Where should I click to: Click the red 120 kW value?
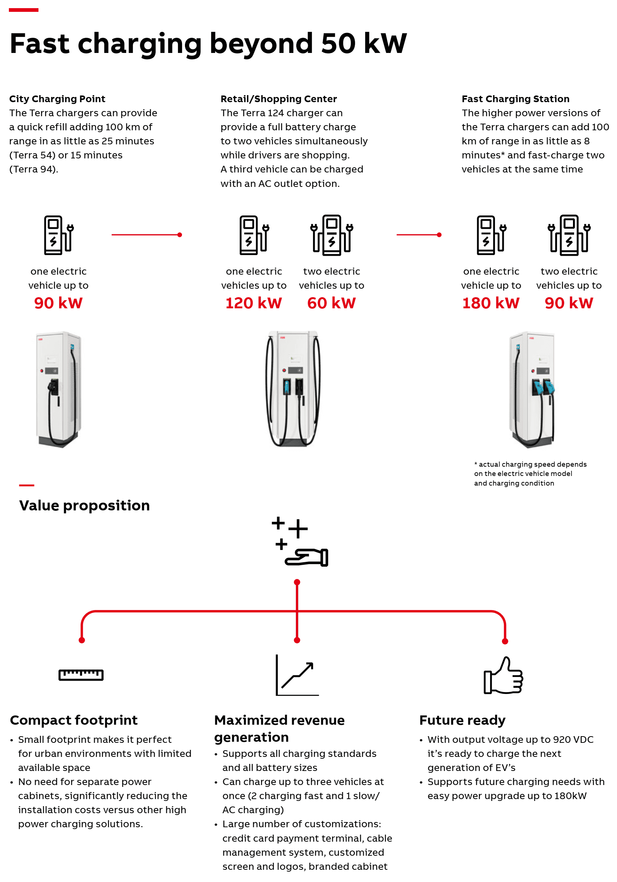[253, 303]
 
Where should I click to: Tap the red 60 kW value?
[331, 303]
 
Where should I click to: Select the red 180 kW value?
[491, 303]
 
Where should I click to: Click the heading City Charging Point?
[57, 99]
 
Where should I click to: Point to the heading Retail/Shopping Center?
[279, 99]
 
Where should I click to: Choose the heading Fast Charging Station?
[515, 99]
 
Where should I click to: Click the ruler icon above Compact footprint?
[81, 675]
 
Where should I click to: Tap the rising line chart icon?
[297, 675]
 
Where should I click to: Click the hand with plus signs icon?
[300, 541]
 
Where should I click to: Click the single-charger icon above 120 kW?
[254, 235]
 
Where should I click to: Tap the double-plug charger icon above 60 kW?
[332, 235]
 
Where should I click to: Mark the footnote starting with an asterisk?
[530, 473]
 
